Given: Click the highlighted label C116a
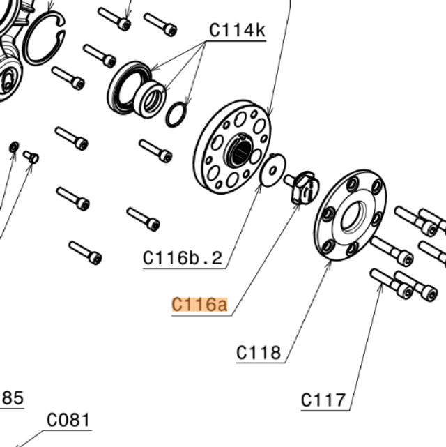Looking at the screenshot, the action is pos(199,305).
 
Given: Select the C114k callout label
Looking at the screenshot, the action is pos(237,30).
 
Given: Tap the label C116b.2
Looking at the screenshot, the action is pos(183,258).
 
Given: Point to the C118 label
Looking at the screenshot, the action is pos(259,353).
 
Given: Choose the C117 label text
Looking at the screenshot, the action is pos(323,400).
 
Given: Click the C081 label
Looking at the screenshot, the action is pos(68,420).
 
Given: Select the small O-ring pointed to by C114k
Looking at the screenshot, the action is pos(176,114).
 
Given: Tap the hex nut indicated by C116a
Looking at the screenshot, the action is pos(303,188).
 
